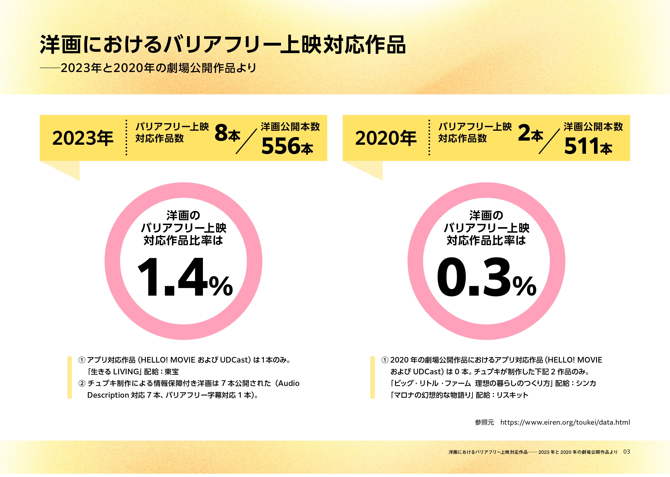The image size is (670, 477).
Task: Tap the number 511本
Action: (588, 146)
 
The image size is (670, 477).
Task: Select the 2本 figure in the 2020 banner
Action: (530, 134)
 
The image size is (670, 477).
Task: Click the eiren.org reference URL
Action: (565, 422)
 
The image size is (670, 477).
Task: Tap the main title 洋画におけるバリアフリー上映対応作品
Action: (223, 45)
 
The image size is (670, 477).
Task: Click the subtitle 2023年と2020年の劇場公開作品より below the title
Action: (158, 68)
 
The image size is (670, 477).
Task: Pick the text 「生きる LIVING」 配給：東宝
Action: (133, 372)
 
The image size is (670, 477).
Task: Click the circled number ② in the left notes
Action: (82, 384)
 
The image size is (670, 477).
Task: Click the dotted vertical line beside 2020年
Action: (429, 137)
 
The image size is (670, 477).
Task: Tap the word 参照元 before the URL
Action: (484, 422)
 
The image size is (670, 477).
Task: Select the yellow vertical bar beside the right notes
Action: (373, 377)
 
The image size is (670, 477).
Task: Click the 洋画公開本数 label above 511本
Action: (593, 127)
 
